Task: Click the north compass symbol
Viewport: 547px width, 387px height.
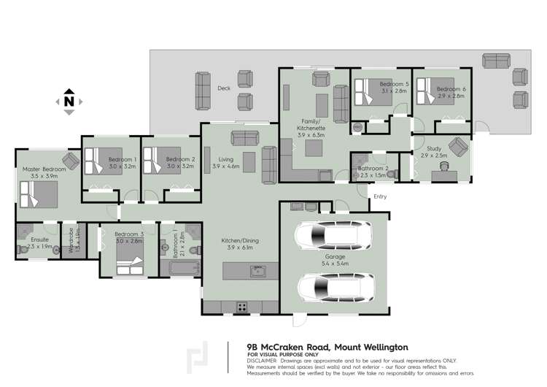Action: [69, 102]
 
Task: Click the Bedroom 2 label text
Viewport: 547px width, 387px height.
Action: [180, 159]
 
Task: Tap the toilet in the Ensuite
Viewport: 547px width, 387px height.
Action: [23, 248]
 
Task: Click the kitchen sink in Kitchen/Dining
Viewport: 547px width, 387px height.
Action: [256, 272]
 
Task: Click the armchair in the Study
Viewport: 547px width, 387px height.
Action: [458, 147]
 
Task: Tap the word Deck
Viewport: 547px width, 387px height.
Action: [224, 88]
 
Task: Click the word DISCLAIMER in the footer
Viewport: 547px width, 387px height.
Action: [262, 361]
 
